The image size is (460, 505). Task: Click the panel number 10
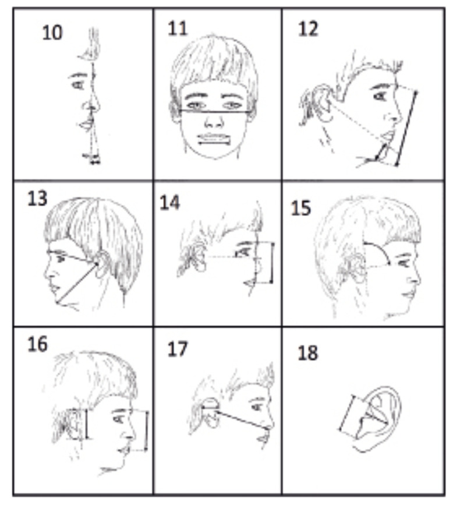point(52,33)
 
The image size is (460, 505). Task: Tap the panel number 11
point(178,29)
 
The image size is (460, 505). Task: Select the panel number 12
point(308,29)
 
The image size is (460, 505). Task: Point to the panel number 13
point(37,199)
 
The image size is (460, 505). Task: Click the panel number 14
point(169,203)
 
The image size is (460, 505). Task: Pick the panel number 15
point(301,208)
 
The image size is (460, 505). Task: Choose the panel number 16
point(38,344)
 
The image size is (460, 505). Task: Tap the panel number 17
point(178,349)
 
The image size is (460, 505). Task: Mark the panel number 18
point(308,353)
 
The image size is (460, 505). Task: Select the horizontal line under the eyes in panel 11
point(215,111)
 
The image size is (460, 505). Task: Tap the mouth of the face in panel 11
point(214,139)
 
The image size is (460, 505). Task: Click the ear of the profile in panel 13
point(102,263)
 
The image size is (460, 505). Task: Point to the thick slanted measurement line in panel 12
point(406,129)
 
